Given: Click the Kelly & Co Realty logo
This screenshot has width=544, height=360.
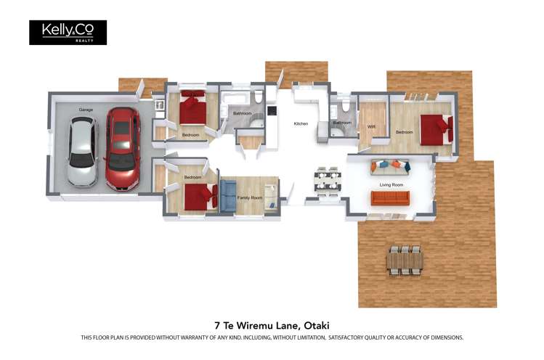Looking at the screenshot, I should (x=68, y=32).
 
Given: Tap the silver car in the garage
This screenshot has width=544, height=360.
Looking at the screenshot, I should (x=81, y=151).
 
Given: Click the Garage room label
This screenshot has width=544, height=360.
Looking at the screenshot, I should (x=86, y=110).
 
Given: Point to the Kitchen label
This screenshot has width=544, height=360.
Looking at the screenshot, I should (x=301, y=124).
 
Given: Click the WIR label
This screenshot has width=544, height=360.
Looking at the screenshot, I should (x=371, y=126).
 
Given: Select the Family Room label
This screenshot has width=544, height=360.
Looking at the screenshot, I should (x=249, y=197).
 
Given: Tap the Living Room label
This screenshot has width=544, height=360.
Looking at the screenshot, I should (x=391, y=184).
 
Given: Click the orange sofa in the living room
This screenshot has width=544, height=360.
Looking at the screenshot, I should (x=390, y=197).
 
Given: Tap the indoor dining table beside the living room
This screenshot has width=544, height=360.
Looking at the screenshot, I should (x=328, y=181).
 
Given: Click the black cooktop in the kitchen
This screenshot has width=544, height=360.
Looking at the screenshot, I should (x=272, y=111).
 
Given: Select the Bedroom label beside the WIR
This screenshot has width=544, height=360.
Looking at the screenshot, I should (x=404, y=132).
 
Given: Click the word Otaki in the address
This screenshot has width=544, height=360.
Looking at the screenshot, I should (x=323, y=325).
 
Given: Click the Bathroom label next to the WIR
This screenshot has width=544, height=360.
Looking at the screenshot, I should (x=342, y=123).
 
